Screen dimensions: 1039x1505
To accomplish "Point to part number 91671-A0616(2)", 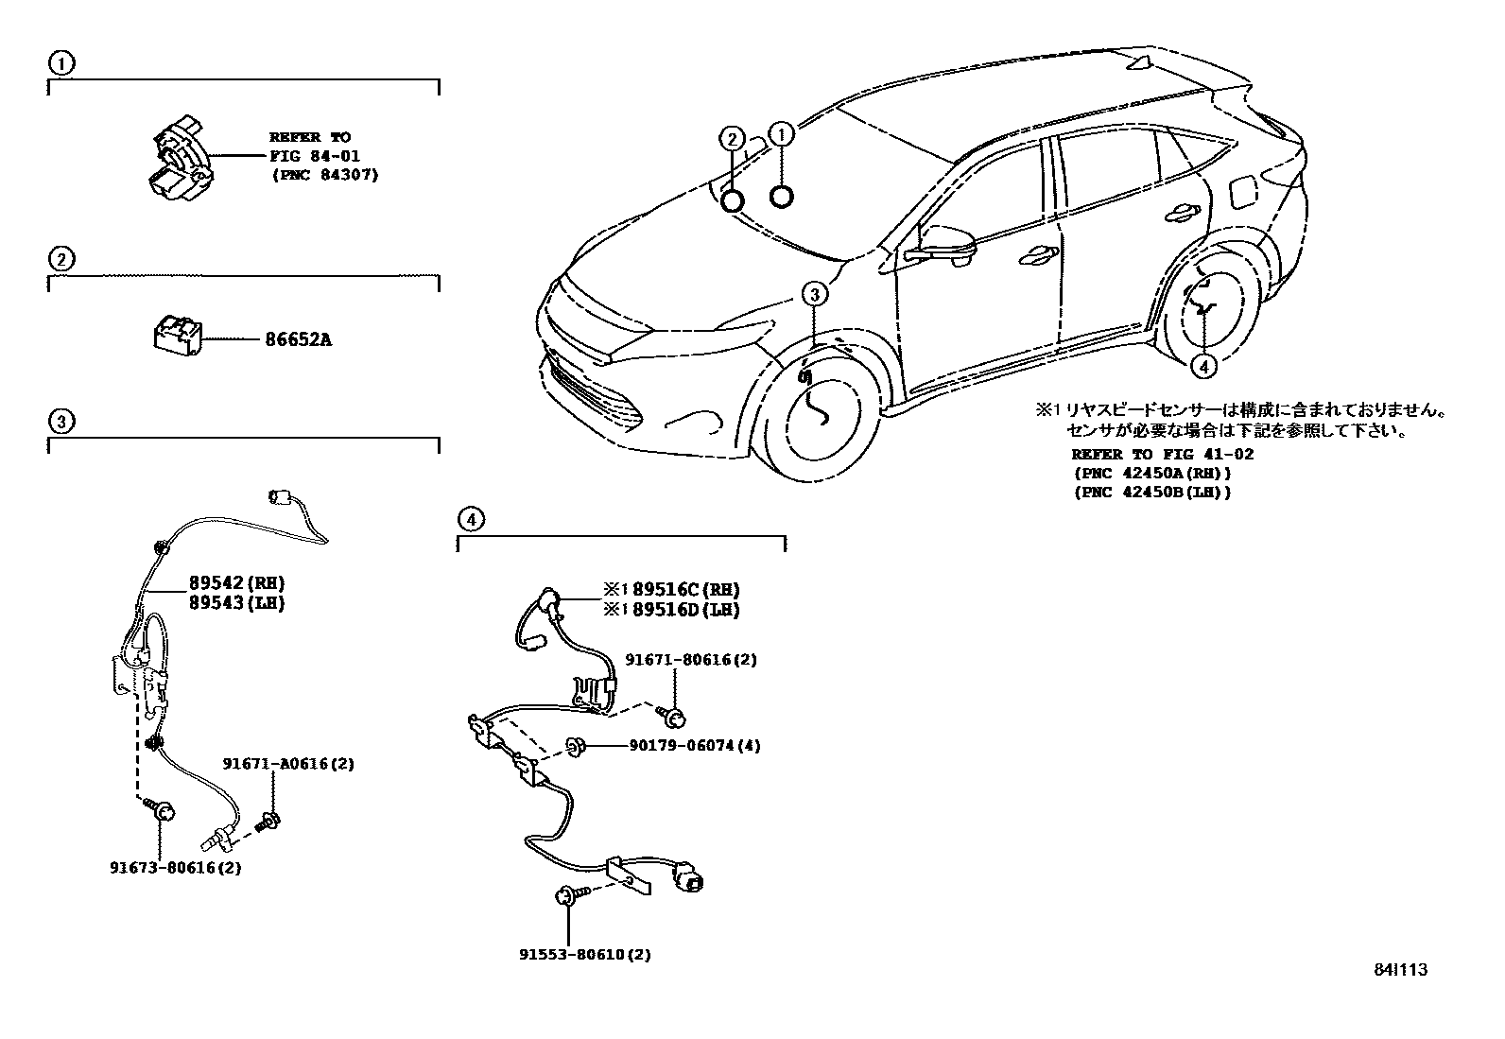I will point(288,763).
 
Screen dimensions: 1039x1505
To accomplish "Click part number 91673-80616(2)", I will point(174,866).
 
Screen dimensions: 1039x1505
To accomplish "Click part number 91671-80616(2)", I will point(691,660).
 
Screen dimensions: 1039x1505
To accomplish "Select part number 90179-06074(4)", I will point(694,745).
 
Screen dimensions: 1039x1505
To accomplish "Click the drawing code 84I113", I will point(1400,969).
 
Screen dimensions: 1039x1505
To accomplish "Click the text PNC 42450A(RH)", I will point(1151,473).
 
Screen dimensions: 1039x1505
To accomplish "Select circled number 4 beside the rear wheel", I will point(1203,366).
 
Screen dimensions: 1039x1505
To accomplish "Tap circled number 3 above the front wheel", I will point(816,294).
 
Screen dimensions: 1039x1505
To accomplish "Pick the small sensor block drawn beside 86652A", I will point(177,338).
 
